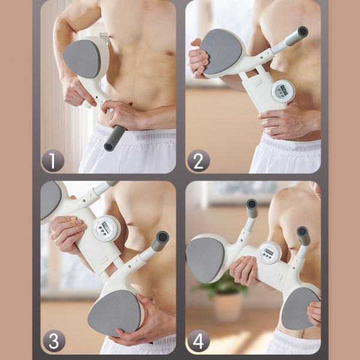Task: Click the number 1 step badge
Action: coord(53,160)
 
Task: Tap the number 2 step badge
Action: coord(199,160)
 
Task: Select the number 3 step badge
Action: coord(54,341)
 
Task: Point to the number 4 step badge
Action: coord(199,341)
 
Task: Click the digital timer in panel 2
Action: coord(283,92)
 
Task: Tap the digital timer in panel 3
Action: coord(106,229)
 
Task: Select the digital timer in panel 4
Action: coord(269,253)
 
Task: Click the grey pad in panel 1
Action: coord(82,59)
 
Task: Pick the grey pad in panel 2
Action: coord(221,51)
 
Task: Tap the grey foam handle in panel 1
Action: coord(115,138)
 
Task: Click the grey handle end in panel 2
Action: coord(297,35)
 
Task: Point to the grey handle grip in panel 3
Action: coord(160,241)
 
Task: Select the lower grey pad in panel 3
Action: coord(115,312)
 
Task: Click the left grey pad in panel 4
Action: coord(205,259)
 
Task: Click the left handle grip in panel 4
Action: coord(252,208)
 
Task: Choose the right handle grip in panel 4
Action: coord(304,236)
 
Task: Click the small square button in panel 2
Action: coord(257,83)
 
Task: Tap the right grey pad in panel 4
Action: coord(299,308)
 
